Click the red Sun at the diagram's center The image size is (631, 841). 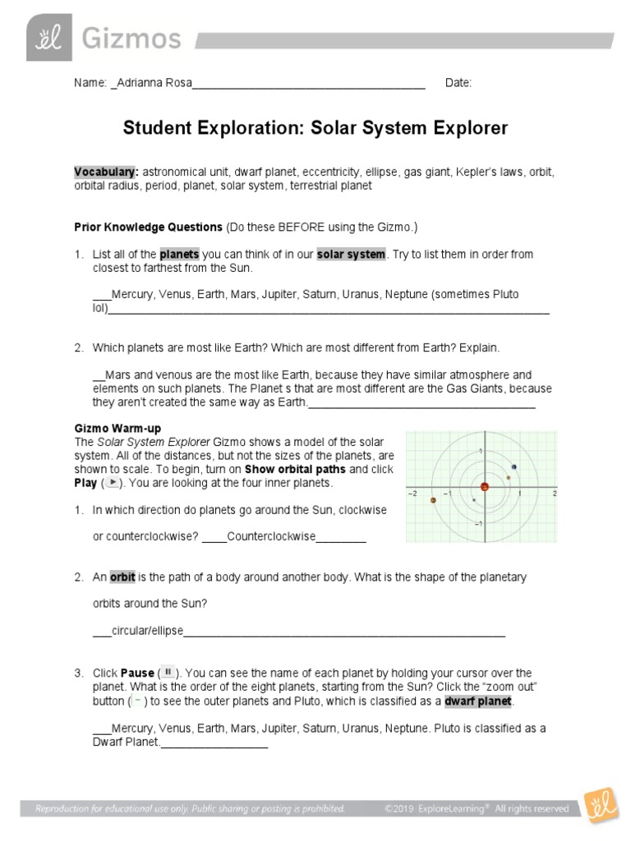(485, 486)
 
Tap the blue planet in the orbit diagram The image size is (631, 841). (514, 468)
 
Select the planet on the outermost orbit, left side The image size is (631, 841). (433, 500)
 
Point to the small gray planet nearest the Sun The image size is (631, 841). (474, 499)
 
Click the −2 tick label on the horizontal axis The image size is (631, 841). (413, 494)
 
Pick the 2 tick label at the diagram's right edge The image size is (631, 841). (555, 494)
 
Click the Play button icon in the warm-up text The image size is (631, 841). (113, 483)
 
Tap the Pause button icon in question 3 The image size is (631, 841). (168, 672)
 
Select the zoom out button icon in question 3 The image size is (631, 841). (138, 701)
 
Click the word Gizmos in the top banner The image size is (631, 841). (131, 37)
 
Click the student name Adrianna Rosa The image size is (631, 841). (151, 83)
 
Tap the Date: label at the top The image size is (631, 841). (458, 83)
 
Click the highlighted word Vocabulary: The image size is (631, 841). (106, 172)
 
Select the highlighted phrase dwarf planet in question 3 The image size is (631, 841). (478, 701)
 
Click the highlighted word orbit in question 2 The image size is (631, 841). (122, 577)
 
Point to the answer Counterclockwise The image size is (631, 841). (271, 536)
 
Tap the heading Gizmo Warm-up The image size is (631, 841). (117, 429)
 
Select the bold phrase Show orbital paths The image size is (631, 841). (296, 469)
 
